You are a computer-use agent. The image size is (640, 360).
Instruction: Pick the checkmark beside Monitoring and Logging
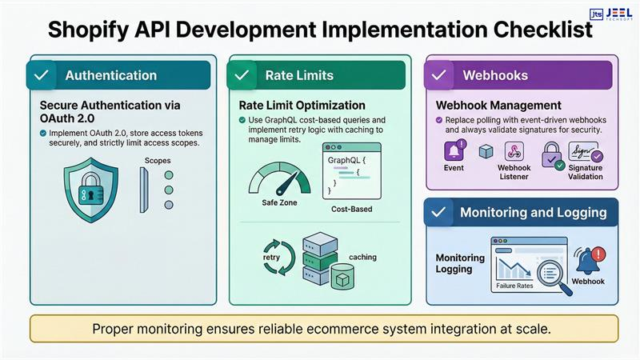click(438, 213)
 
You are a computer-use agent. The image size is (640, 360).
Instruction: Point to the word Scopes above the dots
click(158, 160)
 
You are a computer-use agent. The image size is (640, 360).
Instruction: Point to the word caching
click(362, 257)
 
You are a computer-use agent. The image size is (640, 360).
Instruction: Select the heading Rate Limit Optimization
click(302, 106)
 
